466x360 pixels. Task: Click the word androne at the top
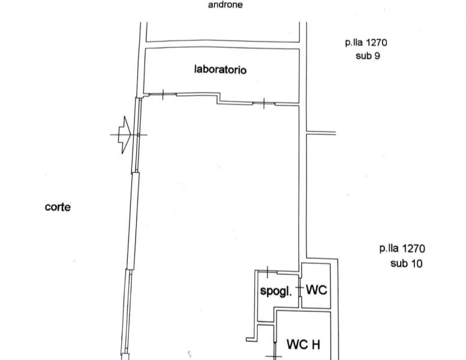point(226,5)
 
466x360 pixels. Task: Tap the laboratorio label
point(220,70)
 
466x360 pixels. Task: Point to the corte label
point(58,207)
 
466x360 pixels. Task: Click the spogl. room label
point(276,291)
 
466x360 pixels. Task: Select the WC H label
point(303,344)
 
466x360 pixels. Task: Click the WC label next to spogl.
point(316,289)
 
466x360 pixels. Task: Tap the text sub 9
point(368,56)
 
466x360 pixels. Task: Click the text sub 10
point(406,263)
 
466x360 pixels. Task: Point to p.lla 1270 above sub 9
point(366,43)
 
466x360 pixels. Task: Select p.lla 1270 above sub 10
point(402,248)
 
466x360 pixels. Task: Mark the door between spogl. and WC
point(300,288)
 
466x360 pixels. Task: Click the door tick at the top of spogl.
point(267,272)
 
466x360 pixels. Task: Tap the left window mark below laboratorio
point(163,95)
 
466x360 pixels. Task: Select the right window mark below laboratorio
point(264,103)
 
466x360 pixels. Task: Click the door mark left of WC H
point(275,351)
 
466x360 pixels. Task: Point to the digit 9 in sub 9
point(377,56)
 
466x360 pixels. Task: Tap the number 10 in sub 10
point(416,263)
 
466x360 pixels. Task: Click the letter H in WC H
point(315,344)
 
